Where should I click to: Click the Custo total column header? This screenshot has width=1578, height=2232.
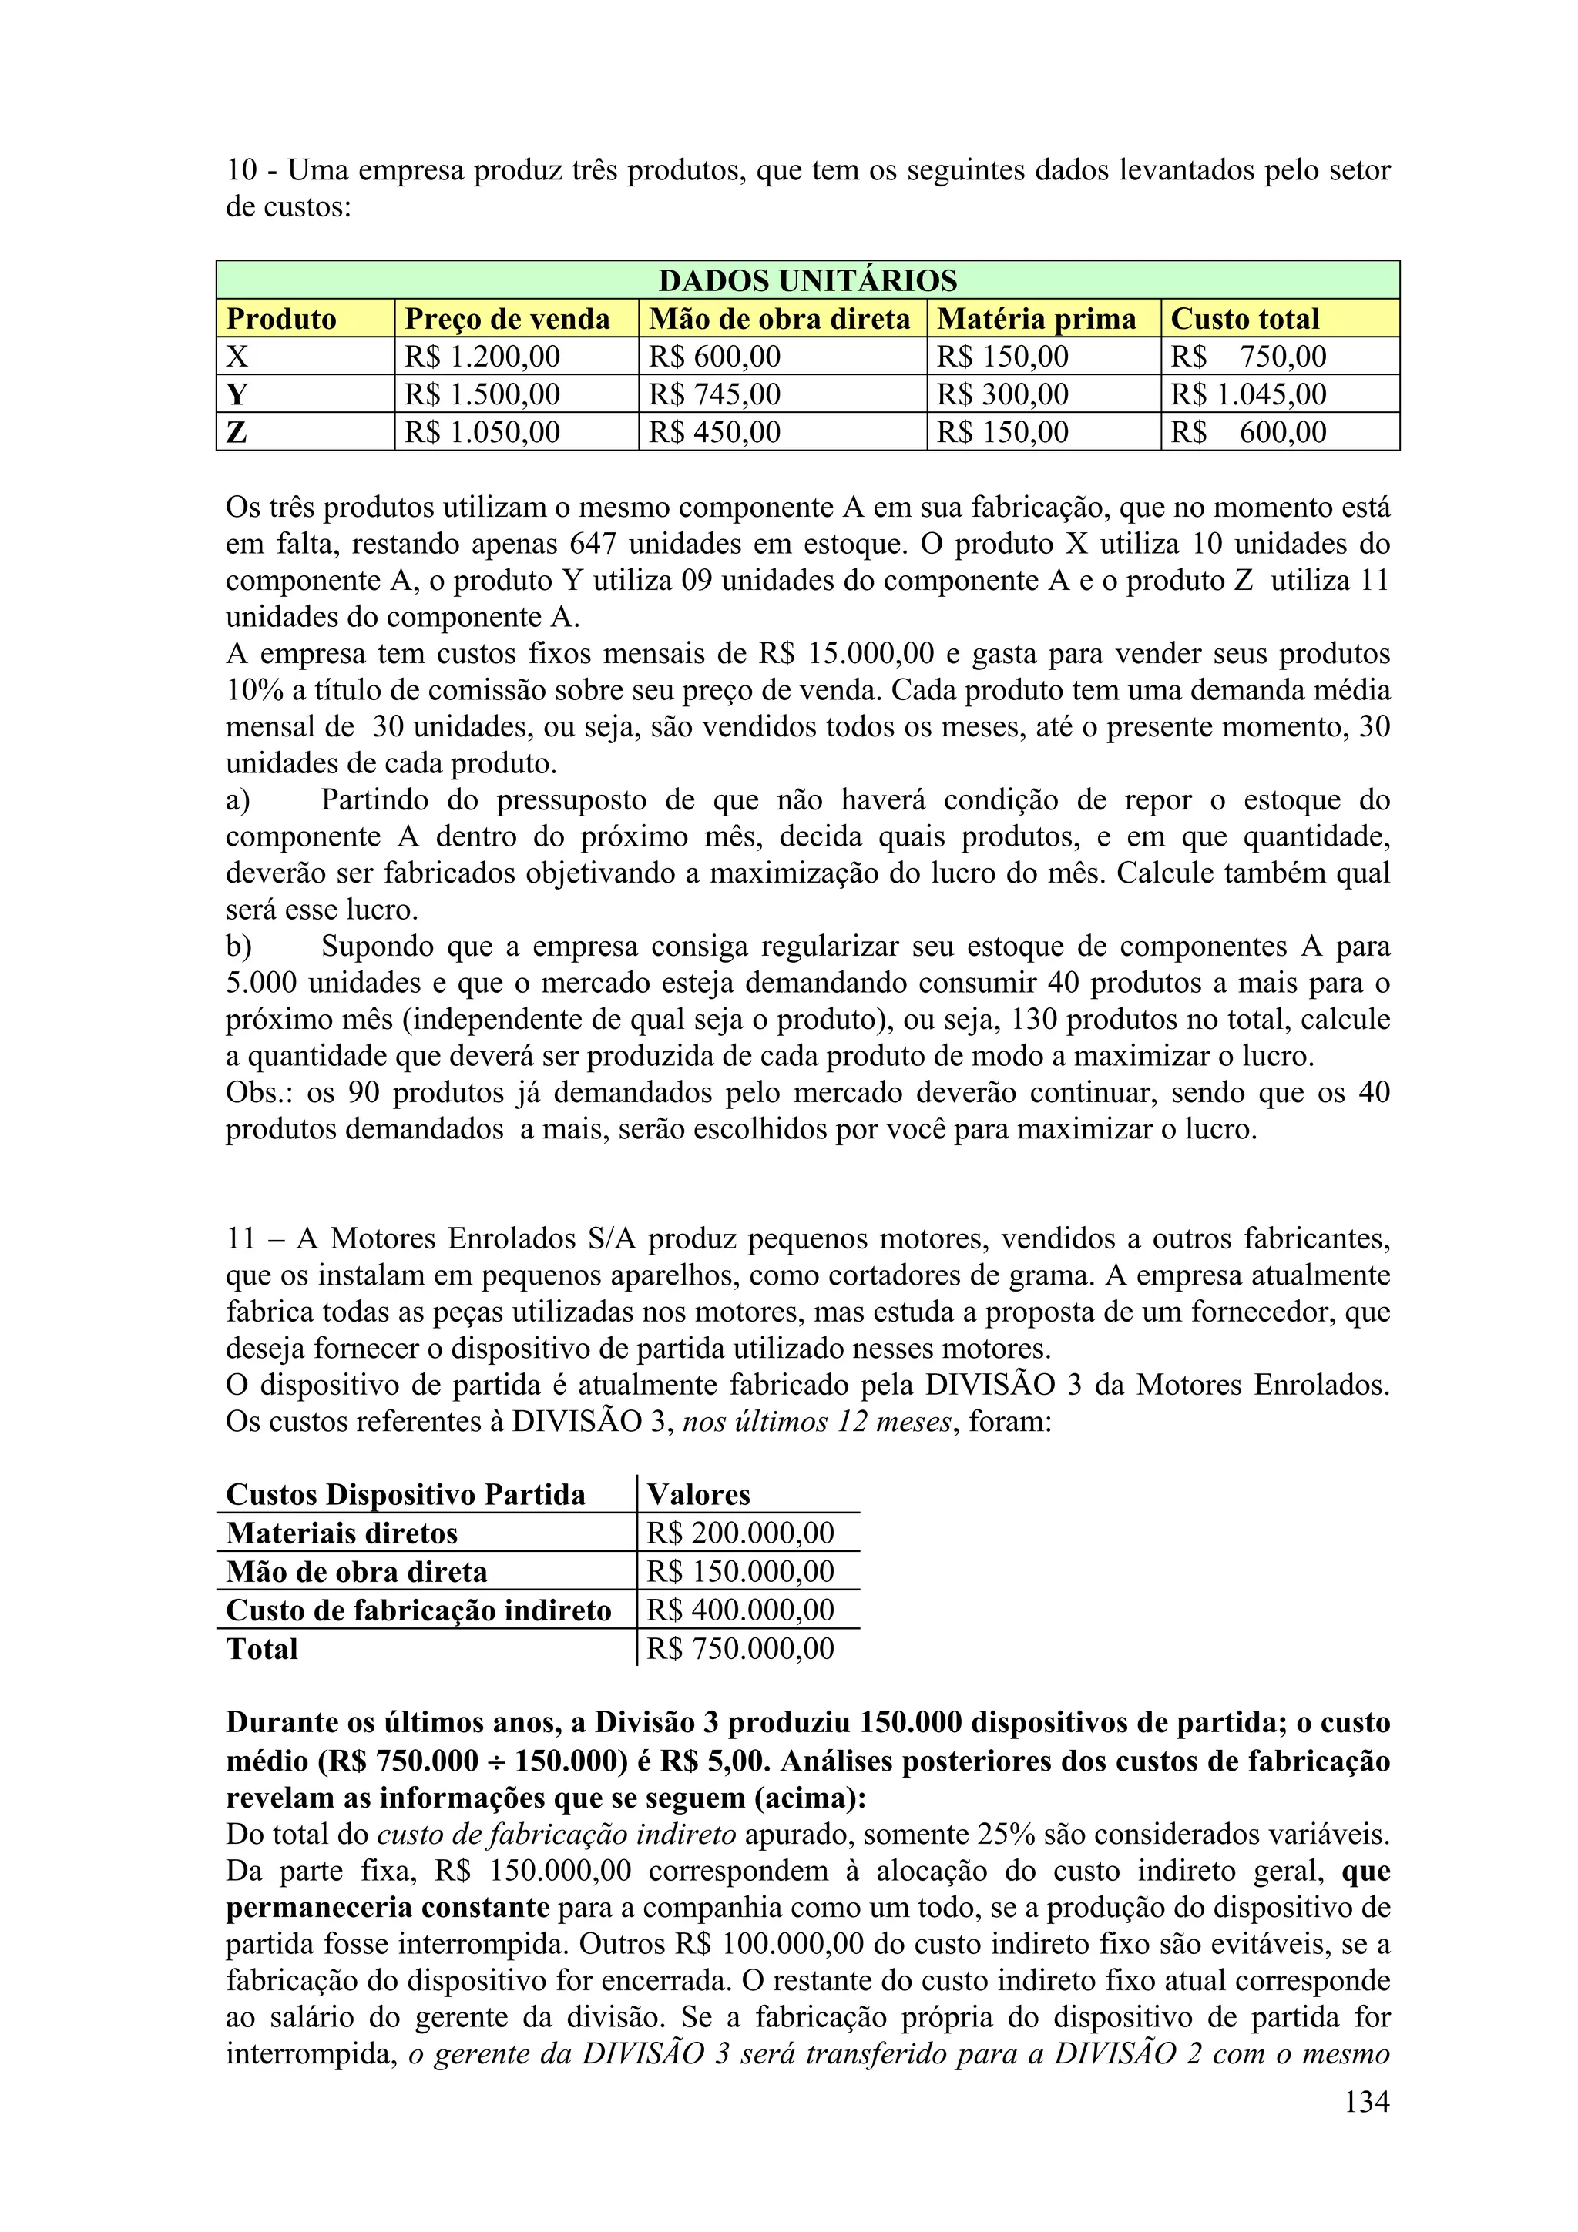click(1244, 319)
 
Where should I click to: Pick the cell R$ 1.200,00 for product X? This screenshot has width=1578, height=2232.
click(482, 357)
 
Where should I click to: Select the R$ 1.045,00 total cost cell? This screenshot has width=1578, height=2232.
click(1248, 394)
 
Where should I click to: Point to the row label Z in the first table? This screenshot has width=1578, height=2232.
click(237, 433)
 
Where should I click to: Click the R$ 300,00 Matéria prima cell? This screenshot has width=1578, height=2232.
click(1002, 394)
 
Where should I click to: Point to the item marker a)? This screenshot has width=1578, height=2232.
click(238, 800)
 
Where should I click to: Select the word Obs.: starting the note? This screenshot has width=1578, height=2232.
click(257, 1093)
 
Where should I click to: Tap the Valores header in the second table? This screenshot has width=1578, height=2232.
click(698, 1494)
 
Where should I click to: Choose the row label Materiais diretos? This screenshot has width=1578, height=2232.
click(341, 1533)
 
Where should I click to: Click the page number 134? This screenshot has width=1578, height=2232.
click(1366, 2102)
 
